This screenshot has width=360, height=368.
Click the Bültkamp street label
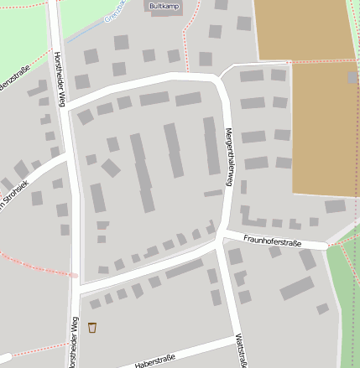pyautogui.click(x=164, y=6)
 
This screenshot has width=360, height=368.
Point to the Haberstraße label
pyautogui.click(x=154, y=360)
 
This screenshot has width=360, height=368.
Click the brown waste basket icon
pyautogui.click(x=92, y=327)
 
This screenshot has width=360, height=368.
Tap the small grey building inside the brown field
pyautogui.click(x=352, y=77)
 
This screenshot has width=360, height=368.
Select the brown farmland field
pyautogui.click(x=310, y=101)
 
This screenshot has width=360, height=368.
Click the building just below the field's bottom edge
pyautogui.click(x=335, y=206)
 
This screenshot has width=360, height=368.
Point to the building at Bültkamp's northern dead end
pyautogui.click(x=222, y=5)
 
